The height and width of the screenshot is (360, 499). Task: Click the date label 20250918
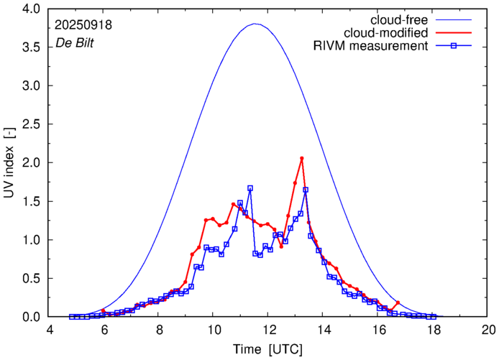[83, 24]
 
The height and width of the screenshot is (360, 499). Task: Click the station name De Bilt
[75, 43]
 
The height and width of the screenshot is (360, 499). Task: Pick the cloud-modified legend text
[386, 33]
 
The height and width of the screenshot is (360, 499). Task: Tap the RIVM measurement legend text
[371, 47]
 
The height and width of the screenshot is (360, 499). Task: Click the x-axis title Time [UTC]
[267, 349]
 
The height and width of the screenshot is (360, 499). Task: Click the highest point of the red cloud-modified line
[302, 158]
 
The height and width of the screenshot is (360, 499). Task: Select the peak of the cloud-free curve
[255, 24]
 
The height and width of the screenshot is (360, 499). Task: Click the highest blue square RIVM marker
[250, 188]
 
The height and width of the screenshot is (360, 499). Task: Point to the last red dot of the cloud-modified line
[398, 303]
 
